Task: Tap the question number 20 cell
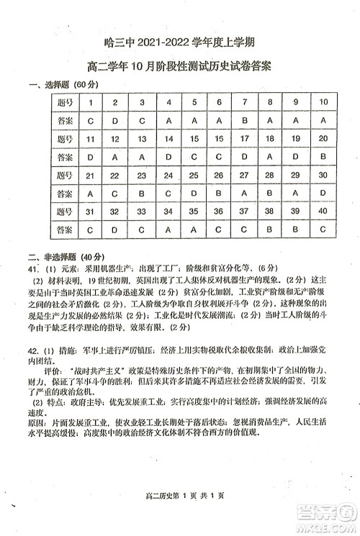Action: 323,138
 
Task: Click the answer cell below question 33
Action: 143,230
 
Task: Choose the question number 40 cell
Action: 323,211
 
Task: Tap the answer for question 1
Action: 90,120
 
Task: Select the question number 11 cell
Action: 90,138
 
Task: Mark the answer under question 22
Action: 116,194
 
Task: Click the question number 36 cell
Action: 220,211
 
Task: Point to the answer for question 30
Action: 323,194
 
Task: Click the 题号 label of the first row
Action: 64,101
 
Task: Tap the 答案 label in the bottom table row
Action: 64,230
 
